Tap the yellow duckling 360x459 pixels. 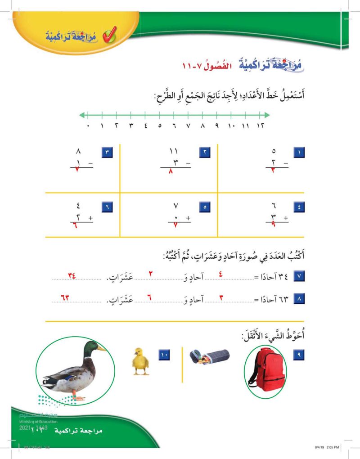click(x=141, y=361)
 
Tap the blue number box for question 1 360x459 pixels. click(x=299, y=153)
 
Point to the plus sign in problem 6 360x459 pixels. click(x=90, y=217)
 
